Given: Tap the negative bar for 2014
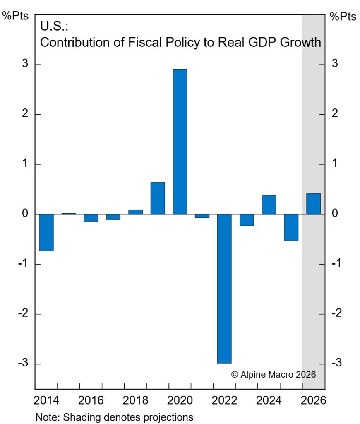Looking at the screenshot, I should [x=46, y=232].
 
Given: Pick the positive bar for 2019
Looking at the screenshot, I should [x=158, y=198].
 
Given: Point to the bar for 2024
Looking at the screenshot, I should [x=269, y=205].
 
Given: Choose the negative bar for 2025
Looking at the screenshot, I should [x=291, y=227].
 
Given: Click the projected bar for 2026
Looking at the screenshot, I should [x=313, y=204].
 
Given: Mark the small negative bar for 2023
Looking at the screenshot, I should [x=247, y=220].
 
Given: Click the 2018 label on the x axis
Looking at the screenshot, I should [x=135, y=401].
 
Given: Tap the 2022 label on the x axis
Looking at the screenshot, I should [x=224, y=401].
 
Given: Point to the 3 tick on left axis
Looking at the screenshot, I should [x=25, y=64].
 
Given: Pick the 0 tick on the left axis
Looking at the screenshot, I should [x=25, y=214].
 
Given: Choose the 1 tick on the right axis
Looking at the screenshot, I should [x=334, y=164].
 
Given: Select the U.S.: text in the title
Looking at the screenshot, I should [x=54, y=26].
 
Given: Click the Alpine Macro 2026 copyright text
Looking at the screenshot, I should [x=274, y=374].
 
